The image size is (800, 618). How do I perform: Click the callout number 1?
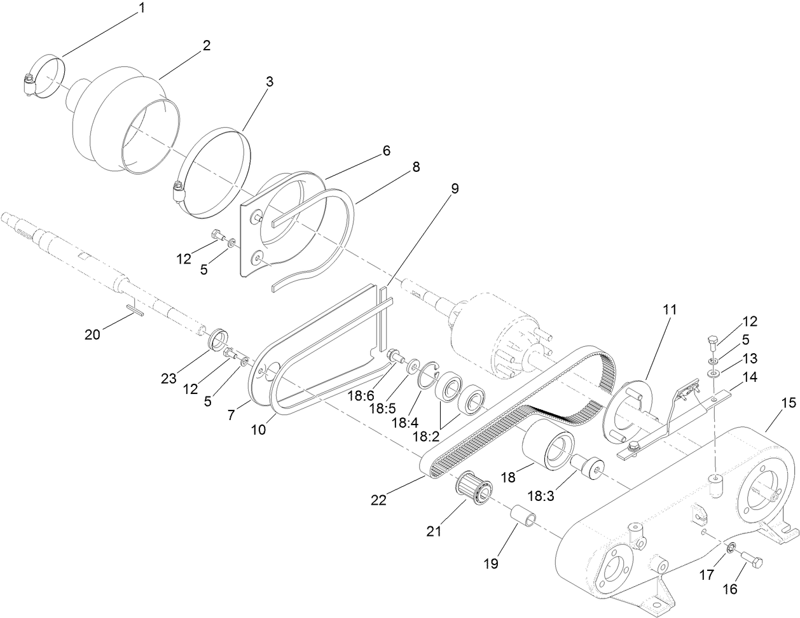pos(142,8)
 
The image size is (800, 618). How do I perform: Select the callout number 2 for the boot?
pos(206,45)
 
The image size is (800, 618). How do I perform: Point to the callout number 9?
pos(455,188)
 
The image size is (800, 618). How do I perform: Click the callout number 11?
pos(668,310)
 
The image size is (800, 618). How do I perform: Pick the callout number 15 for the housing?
pos(788,403)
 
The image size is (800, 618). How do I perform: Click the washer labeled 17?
pos(731,547)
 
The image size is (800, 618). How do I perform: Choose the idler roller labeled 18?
pos(549,450)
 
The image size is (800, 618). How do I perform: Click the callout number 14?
pos(750,377)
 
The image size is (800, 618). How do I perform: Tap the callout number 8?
pos(416,167)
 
